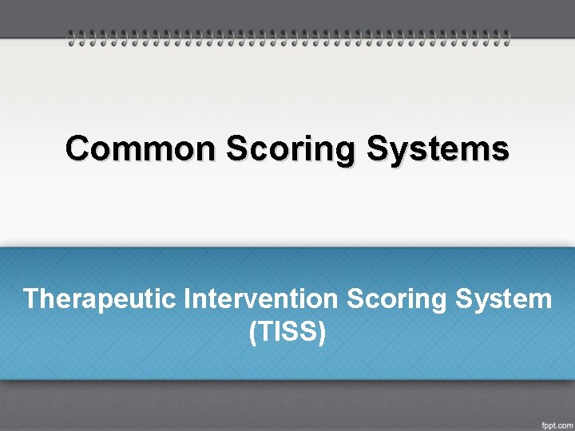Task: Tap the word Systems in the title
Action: (438, 148)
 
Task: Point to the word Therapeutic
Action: (101, 299)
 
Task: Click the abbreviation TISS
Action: (287, 331)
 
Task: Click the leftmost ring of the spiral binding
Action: (71, 37)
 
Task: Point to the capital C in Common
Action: (78, 148)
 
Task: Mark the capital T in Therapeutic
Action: (31, 299)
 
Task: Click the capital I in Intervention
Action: (188, 299)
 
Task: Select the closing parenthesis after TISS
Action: (322, 332)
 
